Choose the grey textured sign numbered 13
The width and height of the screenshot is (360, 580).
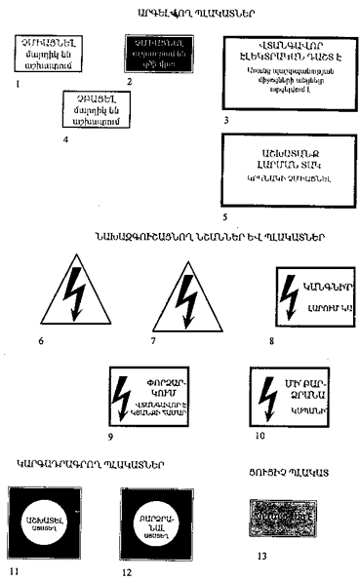tap(283, 516)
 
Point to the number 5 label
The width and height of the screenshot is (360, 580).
tap(225, 218)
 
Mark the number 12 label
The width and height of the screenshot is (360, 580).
tap(128, 570)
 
